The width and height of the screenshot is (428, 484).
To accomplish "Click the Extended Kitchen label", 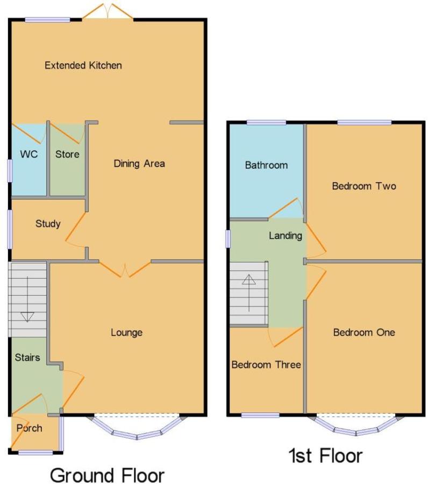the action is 83,66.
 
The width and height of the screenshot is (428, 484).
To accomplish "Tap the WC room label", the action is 29,154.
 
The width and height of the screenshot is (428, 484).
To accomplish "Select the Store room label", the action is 67,154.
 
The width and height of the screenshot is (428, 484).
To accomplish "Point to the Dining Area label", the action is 139,163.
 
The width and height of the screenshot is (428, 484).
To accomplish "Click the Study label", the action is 48,224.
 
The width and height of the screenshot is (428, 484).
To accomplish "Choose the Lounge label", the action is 126,332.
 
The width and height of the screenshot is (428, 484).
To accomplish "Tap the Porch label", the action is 30,428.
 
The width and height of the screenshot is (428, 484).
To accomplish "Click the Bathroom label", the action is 266,165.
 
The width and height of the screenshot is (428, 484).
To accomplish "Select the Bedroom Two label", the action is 364,186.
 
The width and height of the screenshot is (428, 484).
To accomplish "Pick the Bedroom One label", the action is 364,332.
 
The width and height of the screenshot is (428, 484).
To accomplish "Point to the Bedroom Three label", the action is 266,365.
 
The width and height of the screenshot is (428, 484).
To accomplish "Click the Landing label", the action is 286,236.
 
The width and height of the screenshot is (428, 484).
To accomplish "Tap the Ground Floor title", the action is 107,475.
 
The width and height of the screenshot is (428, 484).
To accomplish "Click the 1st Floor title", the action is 325,456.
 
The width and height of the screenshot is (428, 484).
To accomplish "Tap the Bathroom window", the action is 266,123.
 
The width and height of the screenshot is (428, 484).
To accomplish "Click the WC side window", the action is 11,170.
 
